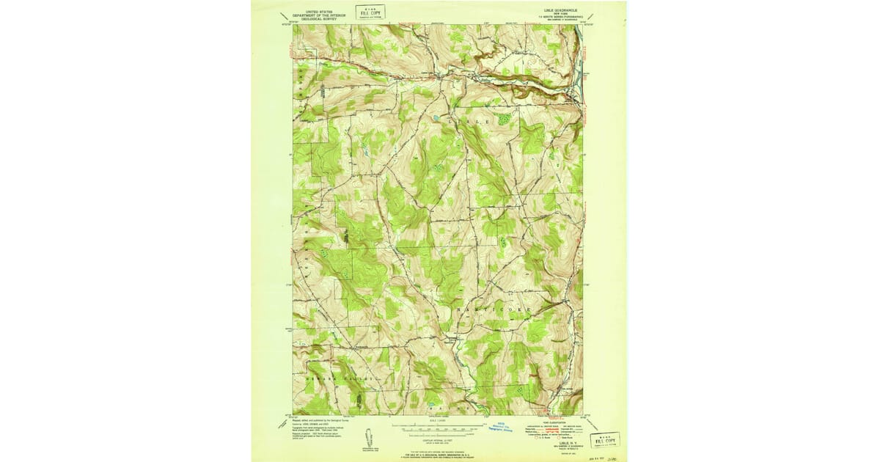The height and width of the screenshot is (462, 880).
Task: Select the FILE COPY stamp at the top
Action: pos(370,12)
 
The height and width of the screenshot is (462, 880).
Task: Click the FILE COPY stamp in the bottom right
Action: pos(605,439)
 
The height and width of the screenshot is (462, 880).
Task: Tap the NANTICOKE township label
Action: pos(501,310)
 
